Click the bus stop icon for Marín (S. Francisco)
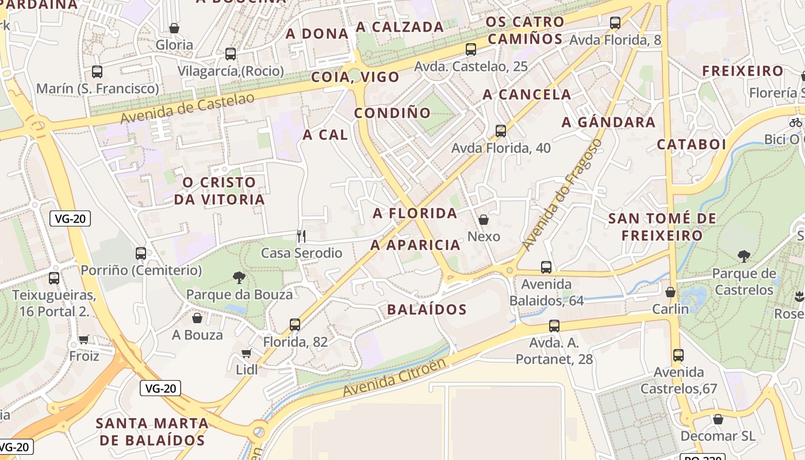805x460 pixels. [x=97, y=72]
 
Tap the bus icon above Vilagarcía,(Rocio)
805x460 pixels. [x=231, y=54]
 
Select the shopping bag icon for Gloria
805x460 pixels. [x=174, y=28]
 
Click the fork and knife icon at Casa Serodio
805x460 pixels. [x=301, y=236]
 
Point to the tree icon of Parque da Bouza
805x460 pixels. [x=239, y=278]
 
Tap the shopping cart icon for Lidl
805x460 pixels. [x=247, y=353]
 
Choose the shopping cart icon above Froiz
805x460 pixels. [x=84, y=339]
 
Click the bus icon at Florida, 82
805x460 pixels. [x=295, y=325]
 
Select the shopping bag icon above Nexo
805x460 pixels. [x=484, y=220]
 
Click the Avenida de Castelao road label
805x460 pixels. [x=187, y=108]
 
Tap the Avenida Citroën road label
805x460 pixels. [x=394, y=378]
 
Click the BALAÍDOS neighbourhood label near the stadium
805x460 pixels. [x=427, y=310]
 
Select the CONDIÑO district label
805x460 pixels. [x=393, y=113]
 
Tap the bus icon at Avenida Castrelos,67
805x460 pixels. [x=678, y=355]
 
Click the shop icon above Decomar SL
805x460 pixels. [x=718, y=419]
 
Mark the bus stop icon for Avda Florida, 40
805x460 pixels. [x=501, y=131]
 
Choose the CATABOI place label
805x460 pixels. [x=692, y=144]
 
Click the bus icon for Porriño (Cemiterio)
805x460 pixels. [x=141, y=253]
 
